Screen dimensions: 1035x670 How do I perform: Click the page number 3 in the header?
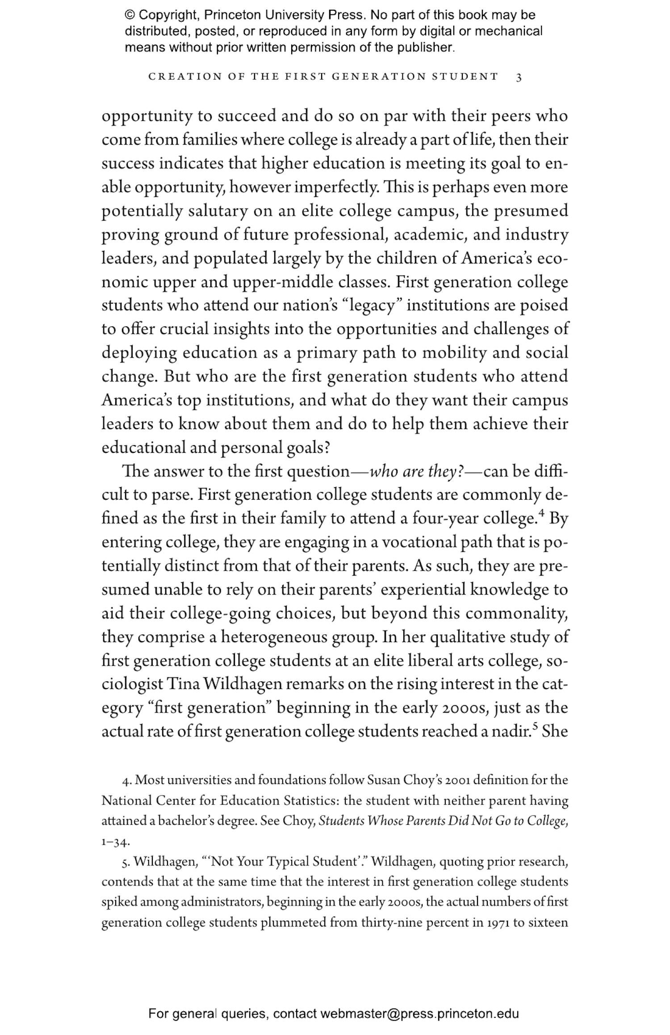(519, 77)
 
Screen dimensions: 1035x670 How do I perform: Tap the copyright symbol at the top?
(130, 15)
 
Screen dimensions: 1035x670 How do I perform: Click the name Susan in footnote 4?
(383, 780)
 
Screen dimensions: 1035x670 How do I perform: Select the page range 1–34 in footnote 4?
(115, 843)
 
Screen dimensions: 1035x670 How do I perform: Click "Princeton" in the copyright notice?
(232, 15)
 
